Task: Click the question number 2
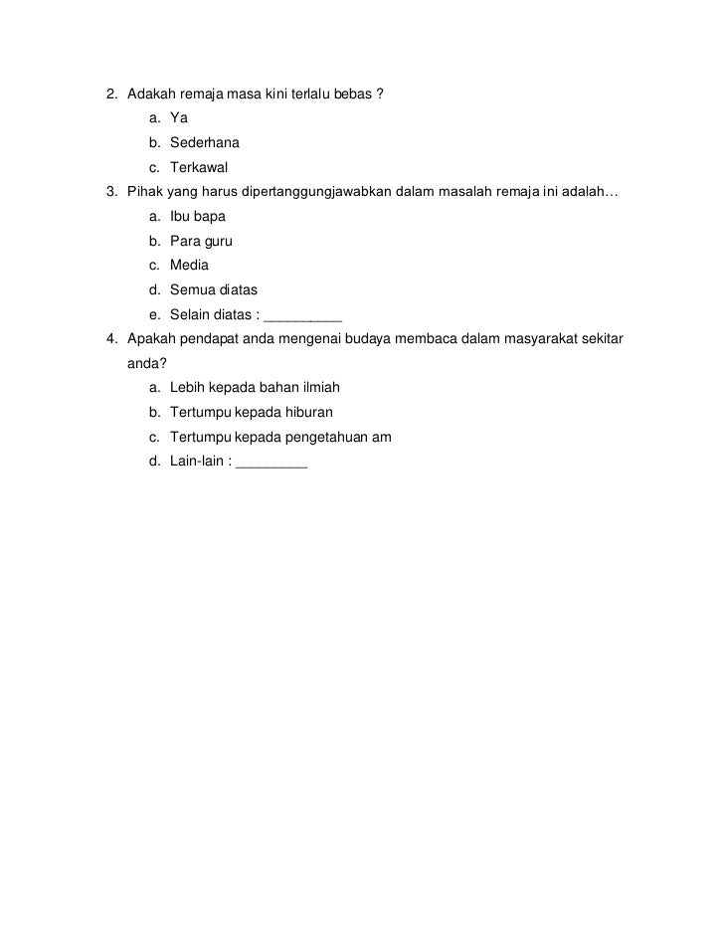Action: click(x=111, y=94)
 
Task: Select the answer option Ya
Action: click(x=179, y=118)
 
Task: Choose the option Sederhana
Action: click(x=204, y=142)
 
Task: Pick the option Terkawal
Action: click(x=199, y=166)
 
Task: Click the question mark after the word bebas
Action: click(x=381, y=94)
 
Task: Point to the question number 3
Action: click(x=111, y=191)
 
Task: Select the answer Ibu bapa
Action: click(x=198, y=216)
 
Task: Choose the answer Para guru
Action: click(x=201, y=241)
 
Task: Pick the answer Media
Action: click(x=189, y=265)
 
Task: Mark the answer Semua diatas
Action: click(x=214, y=289)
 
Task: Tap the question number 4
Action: click(x=111, y=339)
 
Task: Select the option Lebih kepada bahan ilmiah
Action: click(x=255, y=388)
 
